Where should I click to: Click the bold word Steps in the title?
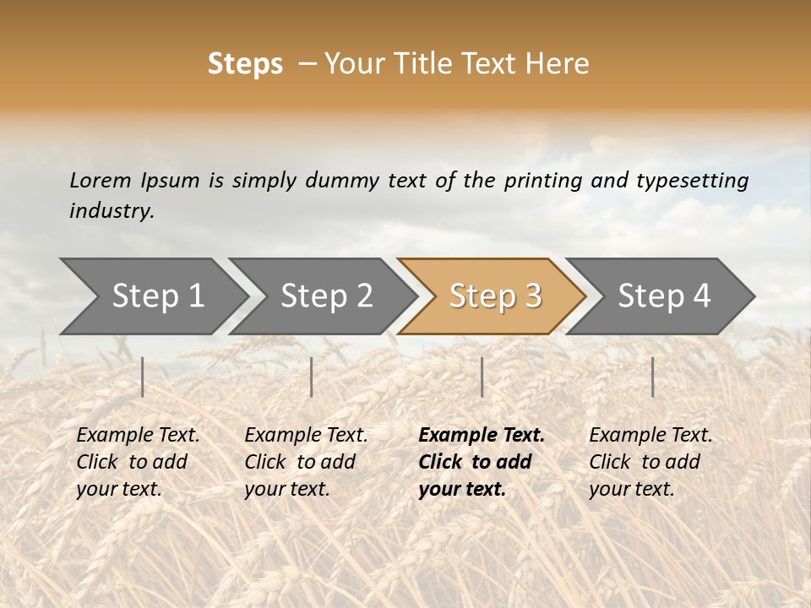[x=245, y=64]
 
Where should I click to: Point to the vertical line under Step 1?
[x=143, y=377]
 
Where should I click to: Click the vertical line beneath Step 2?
[x=312, y=377]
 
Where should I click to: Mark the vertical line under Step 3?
[x=482, y=377]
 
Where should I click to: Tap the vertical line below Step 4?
[x=652, y=377]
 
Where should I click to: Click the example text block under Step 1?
[x=138, y=462]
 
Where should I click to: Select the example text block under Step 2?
[x=306, y=462]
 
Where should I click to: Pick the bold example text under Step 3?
[x=482, y=462]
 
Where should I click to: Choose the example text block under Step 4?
[x=650, y=462]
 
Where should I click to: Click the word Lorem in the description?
[x=100, y=181]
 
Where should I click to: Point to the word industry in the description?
[x=112, y=211]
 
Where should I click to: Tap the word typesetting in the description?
[x=692, y=181]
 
